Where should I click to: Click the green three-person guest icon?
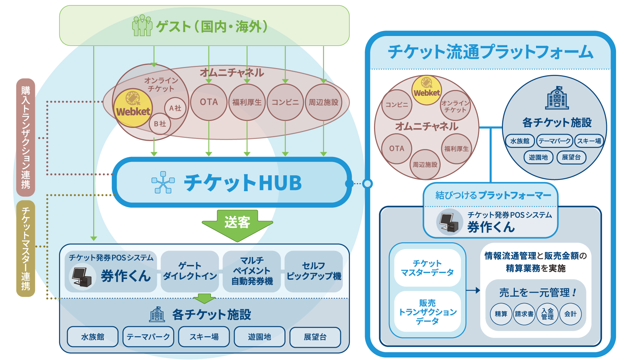[x=142, y=25]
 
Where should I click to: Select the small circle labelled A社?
[x=175, y=108]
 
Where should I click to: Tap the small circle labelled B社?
[x=160, y=124]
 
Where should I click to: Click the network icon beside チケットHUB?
[x=163, y=182]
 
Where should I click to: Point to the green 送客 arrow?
[x=237, y=226]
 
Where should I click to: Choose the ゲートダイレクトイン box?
[x=190, y=271]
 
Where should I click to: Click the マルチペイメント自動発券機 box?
[x=252, y=271]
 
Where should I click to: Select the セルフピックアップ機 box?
[x=314, y=271]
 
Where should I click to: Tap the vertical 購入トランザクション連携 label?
[x=26, y=137]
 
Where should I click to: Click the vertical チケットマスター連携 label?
[x=26, y=248]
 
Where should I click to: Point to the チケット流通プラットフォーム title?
[x=490, y=51]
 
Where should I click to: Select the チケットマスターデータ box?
[x=427, y=268]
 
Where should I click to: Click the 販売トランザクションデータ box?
[x=427, y=312]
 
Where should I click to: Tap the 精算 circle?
[x=501, y=314]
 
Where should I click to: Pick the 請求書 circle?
[x=524, y=314]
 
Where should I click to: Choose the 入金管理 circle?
[x=547, y=314]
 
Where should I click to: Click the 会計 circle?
[x=571, y=314]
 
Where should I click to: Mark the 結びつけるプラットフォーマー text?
[x=493, y=195]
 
